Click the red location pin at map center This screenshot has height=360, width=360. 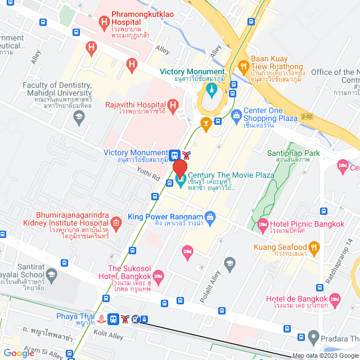[x=179, y=169]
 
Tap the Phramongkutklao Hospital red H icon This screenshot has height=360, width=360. [x=103, y=22]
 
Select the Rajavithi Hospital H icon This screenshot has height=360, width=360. [x=173, y=105]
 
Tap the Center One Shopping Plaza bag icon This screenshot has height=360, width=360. [x=237, y=115]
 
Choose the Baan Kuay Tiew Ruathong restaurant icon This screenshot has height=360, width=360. [x=244, y=65]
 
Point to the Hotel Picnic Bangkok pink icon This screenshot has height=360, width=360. [x=262, y=225]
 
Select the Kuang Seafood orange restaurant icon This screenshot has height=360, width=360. [x=314, y=247]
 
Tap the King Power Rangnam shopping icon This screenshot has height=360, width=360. [x=210, y=217]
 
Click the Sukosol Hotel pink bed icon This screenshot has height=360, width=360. [x=159, y=275]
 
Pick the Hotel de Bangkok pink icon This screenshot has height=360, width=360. [x=335, y=298]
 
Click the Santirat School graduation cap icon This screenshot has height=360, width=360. [x=52, y=275]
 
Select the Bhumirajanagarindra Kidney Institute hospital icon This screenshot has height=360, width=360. [x=115, y=223]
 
